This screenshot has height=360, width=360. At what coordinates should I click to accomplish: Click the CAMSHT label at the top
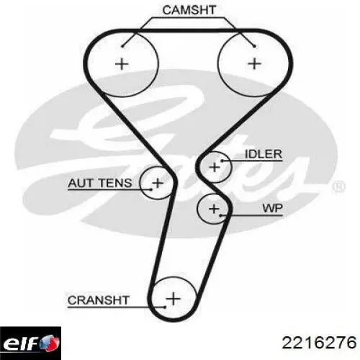click(x=189, y=10)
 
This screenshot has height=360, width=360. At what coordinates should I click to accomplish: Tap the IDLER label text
click(x=264, y=154)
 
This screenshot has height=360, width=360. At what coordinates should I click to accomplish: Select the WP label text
click(x=272, y=208)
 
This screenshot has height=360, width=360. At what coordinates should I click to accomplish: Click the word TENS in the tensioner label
click(x=115, y=183)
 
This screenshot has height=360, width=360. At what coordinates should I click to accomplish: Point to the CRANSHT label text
click(x=99, y=300)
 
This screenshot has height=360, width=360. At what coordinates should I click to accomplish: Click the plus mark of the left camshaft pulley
click(x=122, y=64)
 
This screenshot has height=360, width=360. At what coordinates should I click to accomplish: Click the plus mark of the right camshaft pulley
click(x=254, y=64)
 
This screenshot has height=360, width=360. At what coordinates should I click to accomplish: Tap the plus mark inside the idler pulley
click(x=215, y=167)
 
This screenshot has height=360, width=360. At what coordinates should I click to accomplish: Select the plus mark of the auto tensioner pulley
click(x=158, y=183)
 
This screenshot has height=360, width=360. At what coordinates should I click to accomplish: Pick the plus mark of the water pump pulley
click(x=214, y=209)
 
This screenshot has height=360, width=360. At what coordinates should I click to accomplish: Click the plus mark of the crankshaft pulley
click(x=173, y=299)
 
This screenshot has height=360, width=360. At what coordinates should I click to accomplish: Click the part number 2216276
click(x=319, y=343)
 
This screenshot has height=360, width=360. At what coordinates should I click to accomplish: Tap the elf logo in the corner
click(x=30, y=343)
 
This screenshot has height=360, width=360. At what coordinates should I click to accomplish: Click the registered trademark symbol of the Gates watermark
click(x=338, y=187)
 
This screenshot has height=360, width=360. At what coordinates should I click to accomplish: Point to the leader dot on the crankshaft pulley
click(x=165, y=307)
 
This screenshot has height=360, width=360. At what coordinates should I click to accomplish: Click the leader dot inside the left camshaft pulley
click(x=122, y=46)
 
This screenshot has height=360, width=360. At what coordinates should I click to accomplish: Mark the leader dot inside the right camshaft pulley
click(x=254, y=46)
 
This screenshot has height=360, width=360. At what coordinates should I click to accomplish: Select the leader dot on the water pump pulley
click(x=221, y=215)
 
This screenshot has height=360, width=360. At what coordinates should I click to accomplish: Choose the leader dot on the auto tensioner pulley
click(x=151, y=189)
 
